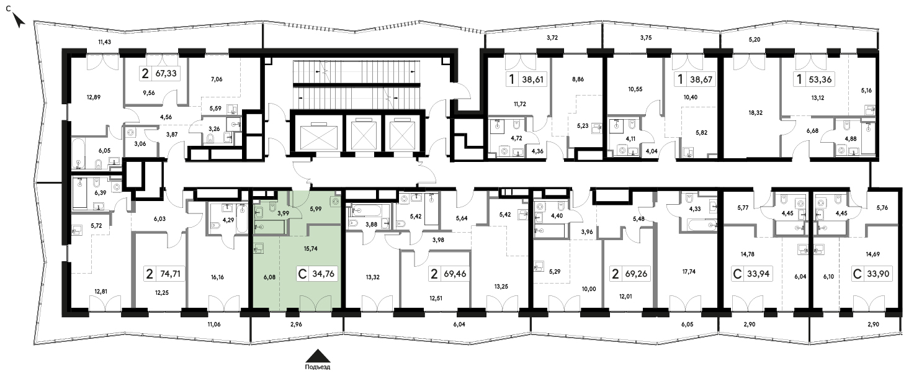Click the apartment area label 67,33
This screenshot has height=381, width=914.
pos(166,73)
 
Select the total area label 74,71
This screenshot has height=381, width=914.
pos(170,274)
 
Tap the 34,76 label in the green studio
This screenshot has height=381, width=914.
pos(323,274)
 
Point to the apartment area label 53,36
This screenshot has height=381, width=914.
pos(820,79)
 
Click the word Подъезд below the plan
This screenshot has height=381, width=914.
pos(318,367)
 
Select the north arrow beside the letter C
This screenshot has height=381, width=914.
pos(19,20)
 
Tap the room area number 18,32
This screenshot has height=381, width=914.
pos(755,112)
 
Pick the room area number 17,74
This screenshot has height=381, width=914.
pos(689,271)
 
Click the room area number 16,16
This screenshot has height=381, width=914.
pos(217,277)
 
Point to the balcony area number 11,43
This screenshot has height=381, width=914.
pos(104,42)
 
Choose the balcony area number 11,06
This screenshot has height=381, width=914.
pos(214,325)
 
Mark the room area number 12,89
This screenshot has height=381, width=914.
pos(94,97)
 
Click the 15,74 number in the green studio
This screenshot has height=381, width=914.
pos(310,248)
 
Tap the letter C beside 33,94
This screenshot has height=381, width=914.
pos(737,274)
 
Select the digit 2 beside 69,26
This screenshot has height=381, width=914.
pos(616,274)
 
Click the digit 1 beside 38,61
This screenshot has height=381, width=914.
pos(512,79)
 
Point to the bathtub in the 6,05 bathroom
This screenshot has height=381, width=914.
pos(78,153)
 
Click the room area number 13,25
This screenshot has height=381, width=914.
pos(501,286)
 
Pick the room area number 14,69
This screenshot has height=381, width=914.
pos(873,254)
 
